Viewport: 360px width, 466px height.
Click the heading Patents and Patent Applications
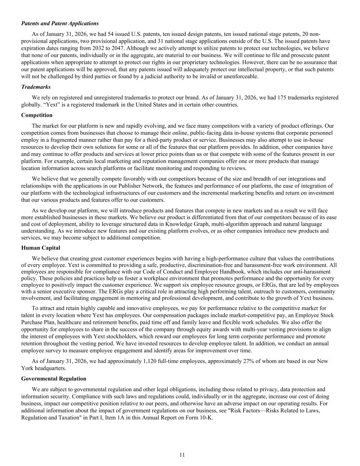tap(60, 24)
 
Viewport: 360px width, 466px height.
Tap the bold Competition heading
tap(37, 115)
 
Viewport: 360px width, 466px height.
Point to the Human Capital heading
tap(41, 248)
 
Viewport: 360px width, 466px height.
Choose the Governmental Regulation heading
tap(54, 379)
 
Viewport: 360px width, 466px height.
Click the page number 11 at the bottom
tap(182, 455)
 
